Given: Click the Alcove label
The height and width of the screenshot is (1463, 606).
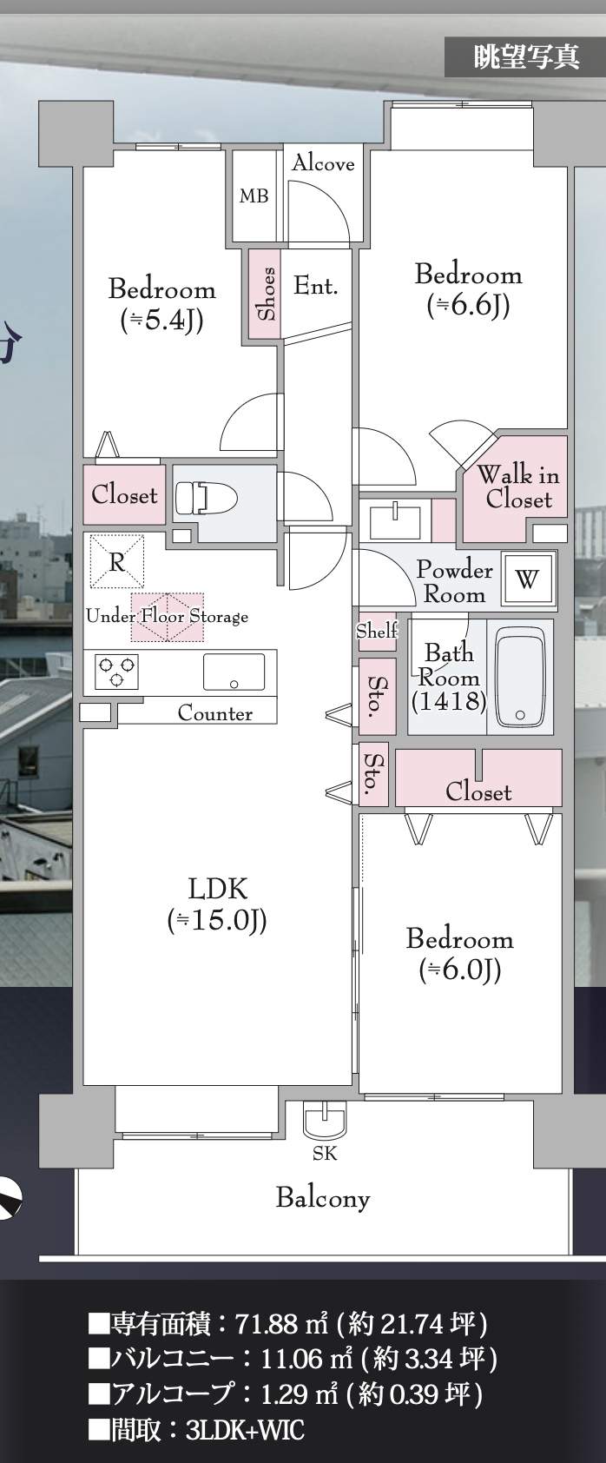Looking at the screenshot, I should click(322, 162).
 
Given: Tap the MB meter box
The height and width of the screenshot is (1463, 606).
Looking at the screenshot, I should click(254, 196).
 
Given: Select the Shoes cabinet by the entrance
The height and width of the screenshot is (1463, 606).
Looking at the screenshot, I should click(266, 294).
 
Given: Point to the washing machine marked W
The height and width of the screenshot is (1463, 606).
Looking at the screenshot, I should click(527, 579).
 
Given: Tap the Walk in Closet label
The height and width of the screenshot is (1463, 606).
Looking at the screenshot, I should click(517, 487).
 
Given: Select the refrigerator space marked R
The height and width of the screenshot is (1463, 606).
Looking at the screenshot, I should click(116, 561).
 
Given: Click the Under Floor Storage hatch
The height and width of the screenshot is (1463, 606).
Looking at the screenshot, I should click(168, 616).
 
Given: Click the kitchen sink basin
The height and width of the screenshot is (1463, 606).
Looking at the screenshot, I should click(234, 672).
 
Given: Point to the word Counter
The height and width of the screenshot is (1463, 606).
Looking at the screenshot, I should click(214, 713).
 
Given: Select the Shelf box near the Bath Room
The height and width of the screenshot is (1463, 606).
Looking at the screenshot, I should click(376, 631).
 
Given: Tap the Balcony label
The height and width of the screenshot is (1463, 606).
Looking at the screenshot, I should click(322, 1198).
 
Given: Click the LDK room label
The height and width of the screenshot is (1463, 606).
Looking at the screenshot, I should click(217, 889).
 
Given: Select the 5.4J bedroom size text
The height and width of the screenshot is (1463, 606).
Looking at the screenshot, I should click(161, 321).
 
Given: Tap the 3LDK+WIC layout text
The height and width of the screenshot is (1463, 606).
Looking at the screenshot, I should click(246, 1430).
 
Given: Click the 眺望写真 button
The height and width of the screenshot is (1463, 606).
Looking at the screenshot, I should click(525, 56).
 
